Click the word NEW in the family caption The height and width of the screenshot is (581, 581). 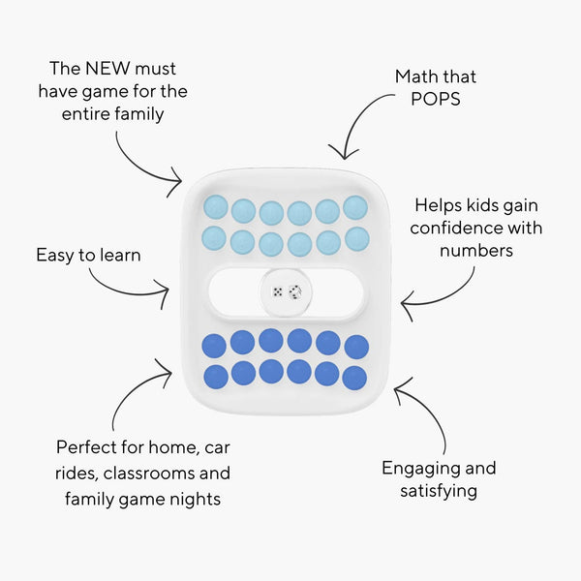tap(107, 69)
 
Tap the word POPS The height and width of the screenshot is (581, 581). tap(436, 99)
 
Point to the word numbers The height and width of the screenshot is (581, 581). tap(476, 251)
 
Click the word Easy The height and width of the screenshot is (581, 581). tap(55, 256)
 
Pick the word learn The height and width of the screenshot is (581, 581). tap(119, 256)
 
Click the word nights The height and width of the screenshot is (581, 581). tap(195, 499)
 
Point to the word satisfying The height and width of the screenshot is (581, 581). tap(439, 491)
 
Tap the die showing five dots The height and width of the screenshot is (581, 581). tap(277, 292)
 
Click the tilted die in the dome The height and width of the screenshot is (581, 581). tap(295, 292)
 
